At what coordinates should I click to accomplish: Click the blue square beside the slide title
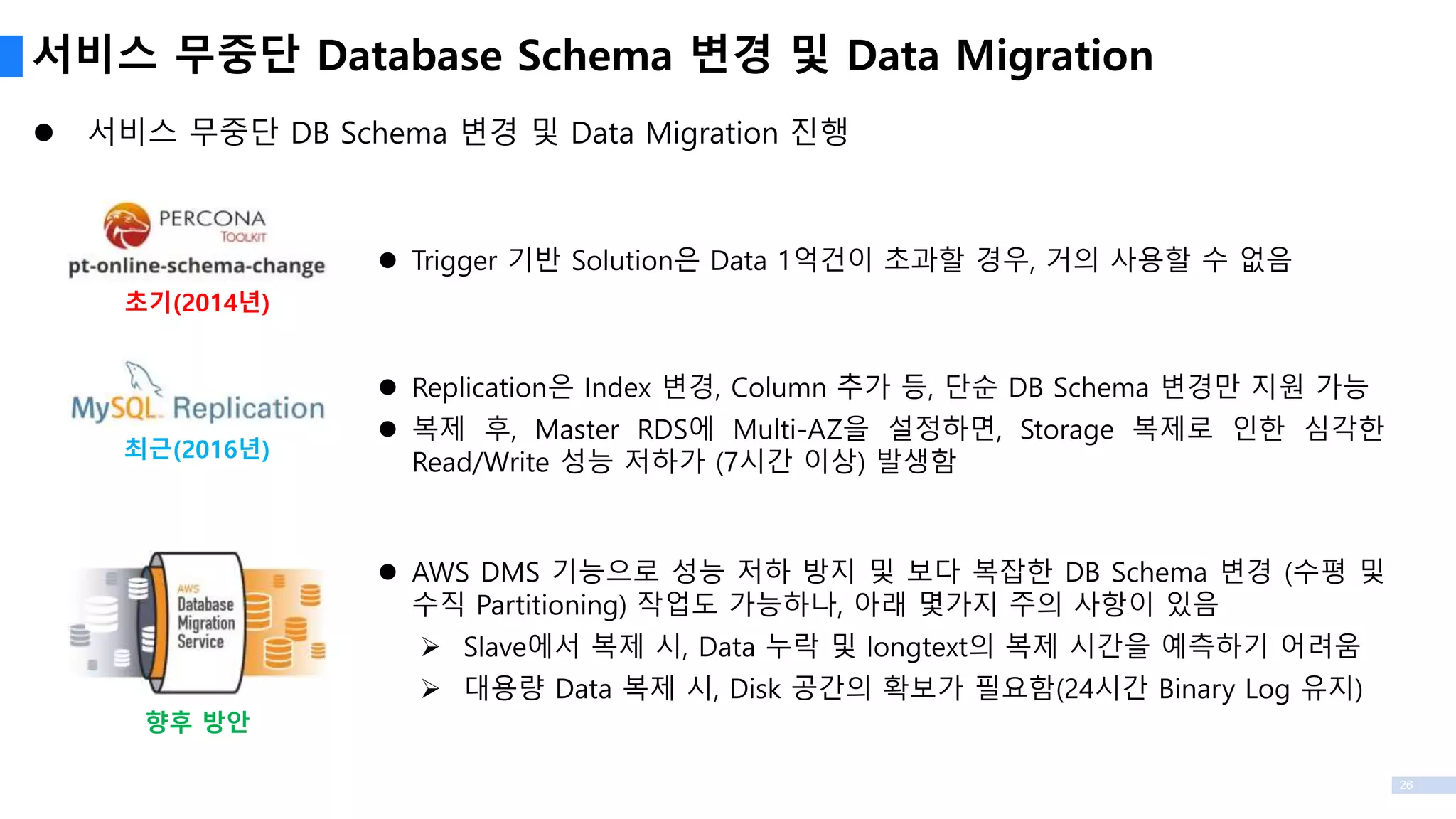(11, 56)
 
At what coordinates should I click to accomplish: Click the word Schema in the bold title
(594, 56)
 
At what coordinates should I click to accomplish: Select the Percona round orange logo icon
(127, 225)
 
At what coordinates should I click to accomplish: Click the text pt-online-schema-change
(196, 266)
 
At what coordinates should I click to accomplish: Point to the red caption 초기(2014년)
(197, 302)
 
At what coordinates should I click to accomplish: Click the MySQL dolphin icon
(142, 377)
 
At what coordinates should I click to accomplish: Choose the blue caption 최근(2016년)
(197, 449)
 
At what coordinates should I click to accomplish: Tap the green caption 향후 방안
(197, 722)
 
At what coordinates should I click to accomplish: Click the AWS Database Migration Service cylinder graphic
(197, 622)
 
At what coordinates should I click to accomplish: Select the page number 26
(1406, 785)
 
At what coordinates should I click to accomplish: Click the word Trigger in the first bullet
(454, 261)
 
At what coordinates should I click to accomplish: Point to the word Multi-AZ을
(801, 429)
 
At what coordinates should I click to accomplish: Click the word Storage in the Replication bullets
(1066, 429)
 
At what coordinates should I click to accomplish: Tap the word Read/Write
(481, 463)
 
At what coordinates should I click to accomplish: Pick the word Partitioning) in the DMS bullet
(551, 605)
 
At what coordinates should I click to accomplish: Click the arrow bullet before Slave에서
(430, 647)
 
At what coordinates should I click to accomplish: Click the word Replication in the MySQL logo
(248, 408)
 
